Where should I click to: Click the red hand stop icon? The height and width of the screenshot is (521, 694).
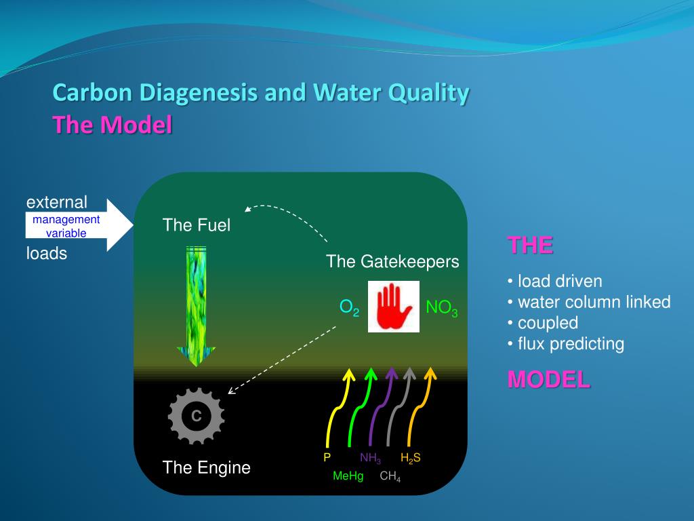(394, 307)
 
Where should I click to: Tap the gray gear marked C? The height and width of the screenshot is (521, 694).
(196, 416)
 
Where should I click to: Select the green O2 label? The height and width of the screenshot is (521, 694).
(349, 309)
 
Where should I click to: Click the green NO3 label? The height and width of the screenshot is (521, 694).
(442, 309)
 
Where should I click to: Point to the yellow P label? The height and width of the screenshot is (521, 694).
(327, 457)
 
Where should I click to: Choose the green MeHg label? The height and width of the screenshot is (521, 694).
(348, 476)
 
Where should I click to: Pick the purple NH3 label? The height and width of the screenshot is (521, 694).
(370, 458)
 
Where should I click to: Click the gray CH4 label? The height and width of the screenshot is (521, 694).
(390, 476)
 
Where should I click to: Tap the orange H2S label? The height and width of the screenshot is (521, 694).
(411, 458)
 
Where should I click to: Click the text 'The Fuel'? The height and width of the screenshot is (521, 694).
(197, 225)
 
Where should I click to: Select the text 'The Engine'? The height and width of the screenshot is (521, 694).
(206, 467)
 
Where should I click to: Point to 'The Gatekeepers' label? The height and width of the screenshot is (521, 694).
(392, 261)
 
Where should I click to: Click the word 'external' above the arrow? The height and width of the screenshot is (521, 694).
(57, 202)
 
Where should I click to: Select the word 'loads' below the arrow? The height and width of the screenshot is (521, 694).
(47, 254)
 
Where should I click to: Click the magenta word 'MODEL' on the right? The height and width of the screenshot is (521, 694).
(549, 380)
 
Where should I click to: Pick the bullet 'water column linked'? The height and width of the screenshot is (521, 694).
(593, 302)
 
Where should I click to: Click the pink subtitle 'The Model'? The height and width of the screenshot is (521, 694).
(113, 125)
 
